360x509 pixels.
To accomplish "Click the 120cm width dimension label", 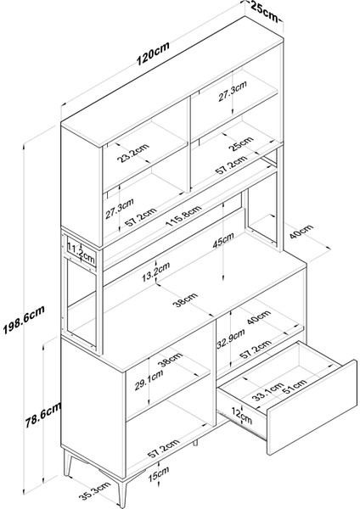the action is [x=153, y=53].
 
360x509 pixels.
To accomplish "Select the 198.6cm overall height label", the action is [x=24, y=320].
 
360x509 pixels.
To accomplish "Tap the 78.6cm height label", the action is [x=43, y=417].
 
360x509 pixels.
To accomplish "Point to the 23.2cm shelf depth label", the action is [x=133, y=152].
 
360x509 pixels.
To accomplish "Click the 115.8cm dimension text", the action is [x=183, y=215].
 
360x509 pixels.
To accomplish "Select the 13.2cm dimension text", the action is [x=156, y=272].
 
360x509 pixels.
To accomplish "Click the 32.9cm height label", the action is [x=231, y=339].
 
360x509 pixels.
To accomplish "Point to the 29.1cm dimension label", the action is [x=149, y=380].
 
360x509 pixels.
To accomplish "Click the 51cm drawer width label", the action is [x=295, y=386].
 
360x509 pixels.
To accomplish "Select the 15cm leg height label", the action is [x=159, y=474].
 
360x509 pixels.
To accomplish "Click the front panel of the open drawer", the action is [x=312, y=407].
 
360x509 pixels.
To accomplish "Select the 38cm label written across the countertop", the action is [x=185, y=299].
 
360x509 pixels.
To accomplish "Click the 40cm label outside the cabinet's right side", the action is [x=301, y=231].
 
